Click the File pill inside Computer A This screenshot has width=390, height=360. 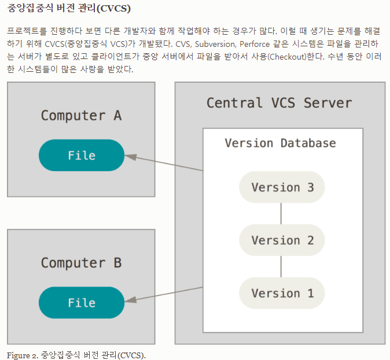pyautogui.click(x=82, y=156)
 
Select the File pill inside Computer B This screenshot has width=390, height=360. pyautogui.click(x=82, y=303)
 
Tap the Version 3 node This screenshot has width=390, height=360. pyautogui.click(x=282, y=188)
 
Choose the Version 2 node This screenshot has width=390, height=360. pyautogui.click(x=282, y=240)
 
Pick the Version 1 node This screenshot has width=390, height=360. pyautogui.click(x=282, y=293)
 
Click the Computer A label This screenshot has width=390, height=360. pyautogui.click(x=81, y=115)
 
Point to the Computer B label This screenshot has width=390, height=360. pyautogui.click(x=81, y=263)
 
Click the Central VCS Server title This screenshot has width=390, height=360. pyautogui.click(x=279, y=103)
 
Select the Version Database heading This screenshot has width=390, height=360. pyautogui.click(x=280, y=143)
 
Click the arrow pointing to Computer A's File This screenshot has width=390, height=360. pyautogui.click(x=165, y=163)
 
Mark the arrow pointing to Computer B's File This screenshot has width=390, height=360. pyautogui.click(x=165, y=294)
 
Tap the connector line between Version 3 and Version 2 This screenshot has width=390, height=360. pyautogui.click(x=281, y=214)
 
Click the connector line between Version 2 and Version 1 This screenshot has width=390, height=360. pyautogui.click(x=281, y=266)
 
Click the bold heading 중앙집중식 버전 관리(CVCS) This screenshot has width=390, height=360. pyautogui.click(x=69, y=9)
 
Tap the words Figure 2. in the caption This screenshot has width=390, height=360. pyautogui.click(x=22, y=354)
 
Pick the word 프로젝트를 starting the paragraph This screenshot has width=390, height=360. pyautogui.click(x=25, y=30)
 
